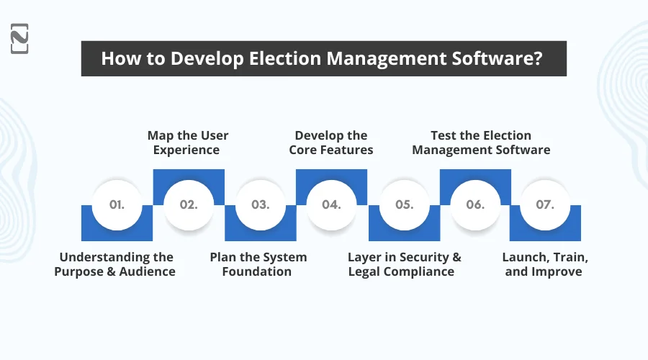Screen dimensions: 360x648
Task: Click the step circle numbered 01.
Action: coord(117,204)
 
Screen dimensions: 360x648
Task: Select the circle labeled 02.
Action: coord(188,204)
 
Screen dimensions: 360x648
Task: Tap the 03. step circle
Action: coord(260,204)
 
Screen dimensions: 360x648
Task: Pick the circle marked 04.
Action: coord(331,204)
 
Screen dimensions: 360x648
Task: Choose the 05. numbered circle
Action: coord(403,204)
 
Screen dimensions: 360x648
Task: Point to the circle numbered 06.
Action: coord(474,204)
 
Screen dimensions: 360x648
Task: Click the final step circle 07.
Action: coord(545,204)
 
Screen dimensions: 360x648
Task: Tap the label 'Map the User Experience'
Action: coord(188,143)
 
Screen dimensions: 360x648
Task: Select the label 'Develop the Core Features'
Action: coord(331,143)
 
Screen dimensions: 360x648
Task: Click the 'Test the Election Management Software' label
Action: coord(481,143)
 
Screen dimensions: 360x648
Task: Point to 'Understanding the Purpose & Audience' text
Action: coord(116,264)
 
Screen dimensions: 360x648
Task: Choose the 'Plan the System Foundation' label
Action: coord(258,264)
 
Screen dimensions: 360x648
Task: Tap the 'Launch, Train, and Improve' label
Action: coord(543,264)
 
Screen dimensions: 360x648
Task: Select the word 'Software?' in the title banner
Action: coord(501,58)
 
